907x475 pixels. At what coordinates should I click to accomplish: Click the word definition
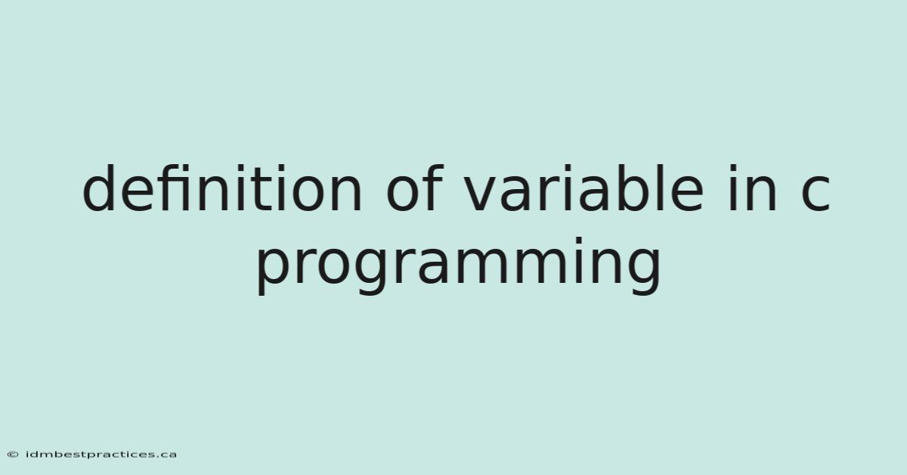tap(222, 188)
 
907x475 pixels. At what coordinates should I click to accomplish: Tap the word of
tap(416, 188)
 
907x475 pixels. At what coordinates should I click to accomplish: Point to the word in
tap(752, 188)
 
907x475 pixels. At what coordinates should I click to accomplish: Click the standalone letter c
tap(816, 194)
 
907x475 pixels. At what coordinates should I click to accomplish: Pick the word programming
tap(459, 266)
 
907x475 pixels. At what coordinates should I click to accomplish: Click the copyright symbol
tap(13, 455)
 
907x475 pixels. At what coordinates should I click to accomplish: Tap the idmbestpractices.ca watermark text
tap(101, 455)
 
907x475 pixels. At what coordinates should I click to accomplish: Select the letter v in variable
tap(485, 194)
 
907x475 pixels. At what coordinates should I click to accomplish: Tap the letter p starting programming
tap(274, 272)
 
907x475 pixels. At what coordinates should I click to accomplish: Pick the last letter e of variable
tap(688, 194)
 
